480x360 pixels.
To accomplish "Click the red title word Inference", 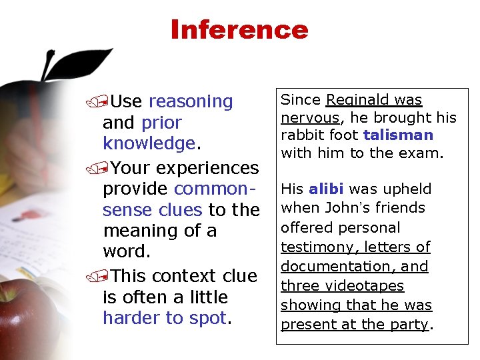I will click(239, 30).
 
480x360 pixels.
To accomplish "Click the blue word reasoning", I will click(191, 101).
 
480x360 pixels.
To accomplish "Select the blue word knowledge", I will click(147, 144).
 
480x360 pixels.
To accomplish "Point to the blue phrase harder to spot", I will click(165, 318).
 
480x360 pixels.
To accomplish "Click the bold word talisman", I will click(398, 135).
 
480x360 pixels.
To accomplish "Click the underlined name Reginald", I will click(354, 100).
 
